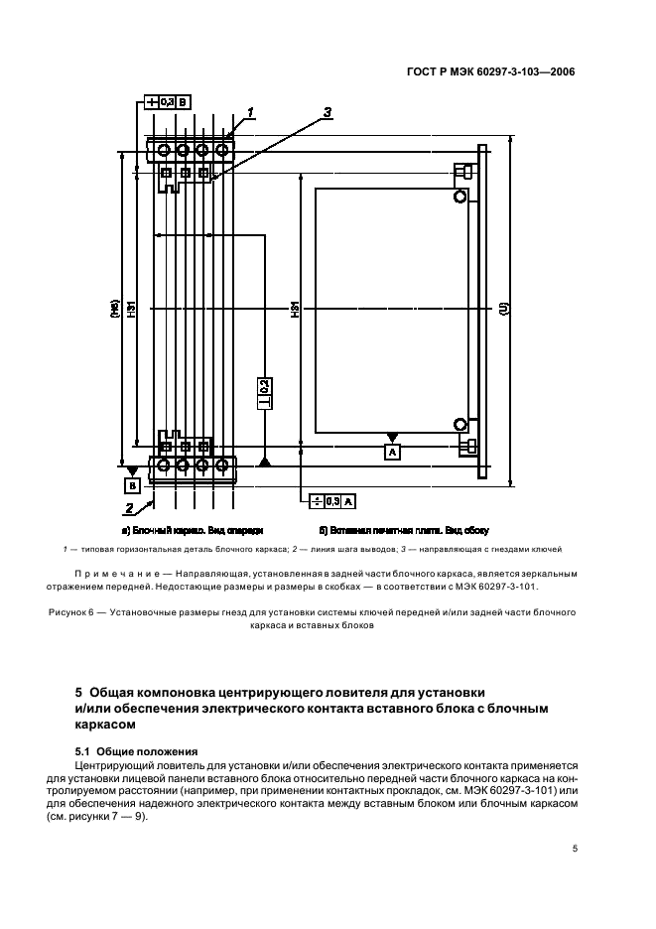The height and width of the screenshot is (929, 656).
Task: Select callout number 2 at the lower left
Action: [x=129, y=509]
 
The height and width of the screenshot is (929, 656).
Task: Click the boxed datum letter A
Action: [x=393, y=452]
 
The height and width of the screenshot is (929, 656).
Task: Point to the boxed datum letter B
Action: [x=131, y=485]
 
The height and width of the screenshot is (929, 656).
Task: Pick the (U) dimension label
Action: [x=506, y=310]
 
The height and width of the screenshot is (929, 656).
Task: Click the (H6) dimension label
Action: [x=115, y=310]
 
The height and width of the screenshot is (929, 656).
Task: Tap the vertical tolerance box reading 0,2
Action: [x=265, y=388]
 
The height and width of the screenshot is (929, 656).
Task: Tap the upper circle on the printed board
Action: [x=459, y=196]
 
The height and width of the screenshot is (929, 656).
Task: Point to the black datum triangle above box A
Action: [x=393, y=437]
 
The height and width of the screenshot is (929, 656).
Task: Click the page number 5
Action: [x=575, y=848]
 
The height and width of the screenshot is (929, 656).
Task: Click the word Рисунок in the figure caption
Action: [x=69, y=612]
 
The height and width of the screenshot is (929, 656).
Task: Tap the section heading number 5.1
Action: [x=85, y=751]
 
